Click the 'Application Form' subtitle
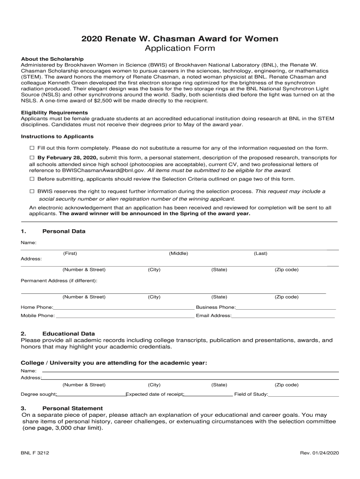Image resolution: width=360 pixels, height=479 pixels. coord(180,49)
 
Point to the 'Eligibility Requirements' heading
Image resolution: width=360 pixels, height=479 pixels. coord(54,113)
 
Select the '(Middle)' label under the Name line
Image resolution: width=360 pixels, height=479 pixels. coord(179,254)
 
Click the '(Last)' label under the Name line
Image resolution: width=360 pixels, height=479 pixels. coord(260,254)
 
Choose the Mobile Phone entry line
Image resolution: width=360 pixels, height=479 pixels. coord(125,317)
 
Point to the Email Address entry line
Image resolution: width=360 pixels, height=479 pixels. coord(283,317)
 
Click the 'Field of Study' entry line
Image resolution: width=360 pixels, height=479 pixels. coord(303,396)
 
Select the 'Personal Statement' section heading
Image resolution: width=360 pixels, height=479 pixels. coord(72,408)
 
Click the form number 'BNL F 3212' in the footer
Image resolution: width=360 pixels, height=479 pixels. coord(35,453)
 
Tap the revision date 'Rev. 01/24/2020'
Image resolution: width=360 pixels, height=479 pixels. coord(319,453)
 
